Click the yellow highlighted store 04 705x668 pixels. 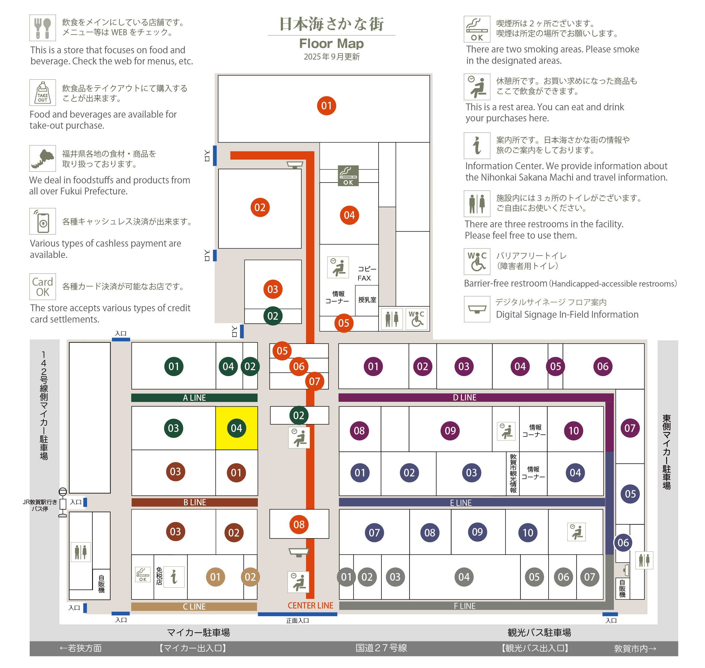coord(236,428)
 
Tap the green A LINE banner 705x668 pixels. coord(194,398)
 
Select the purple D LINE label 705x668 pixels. coord(464,397)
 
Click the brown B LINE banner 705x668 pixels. coord(194,502)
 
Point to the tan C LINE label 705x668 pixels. coord(194,606)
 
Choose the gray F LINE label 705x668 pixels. coord(464,606)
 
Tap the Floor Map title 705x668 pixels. coord(331,43)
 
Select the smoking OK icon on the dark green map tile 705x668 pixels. coord(348,175)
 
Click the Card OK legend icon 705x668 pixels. coord(43,287)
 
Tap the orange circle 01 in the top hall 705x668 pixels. coord(326,105)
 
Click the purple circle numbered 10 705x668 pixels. coord(573,431)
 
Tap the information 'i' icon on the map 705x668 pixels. coord(174,577)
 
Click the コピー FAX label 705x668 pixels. coord(366,273)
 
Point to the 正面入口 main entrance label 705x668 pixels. coord(297,621)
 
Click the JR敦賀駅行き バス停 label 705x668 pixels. coord(39,505)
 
